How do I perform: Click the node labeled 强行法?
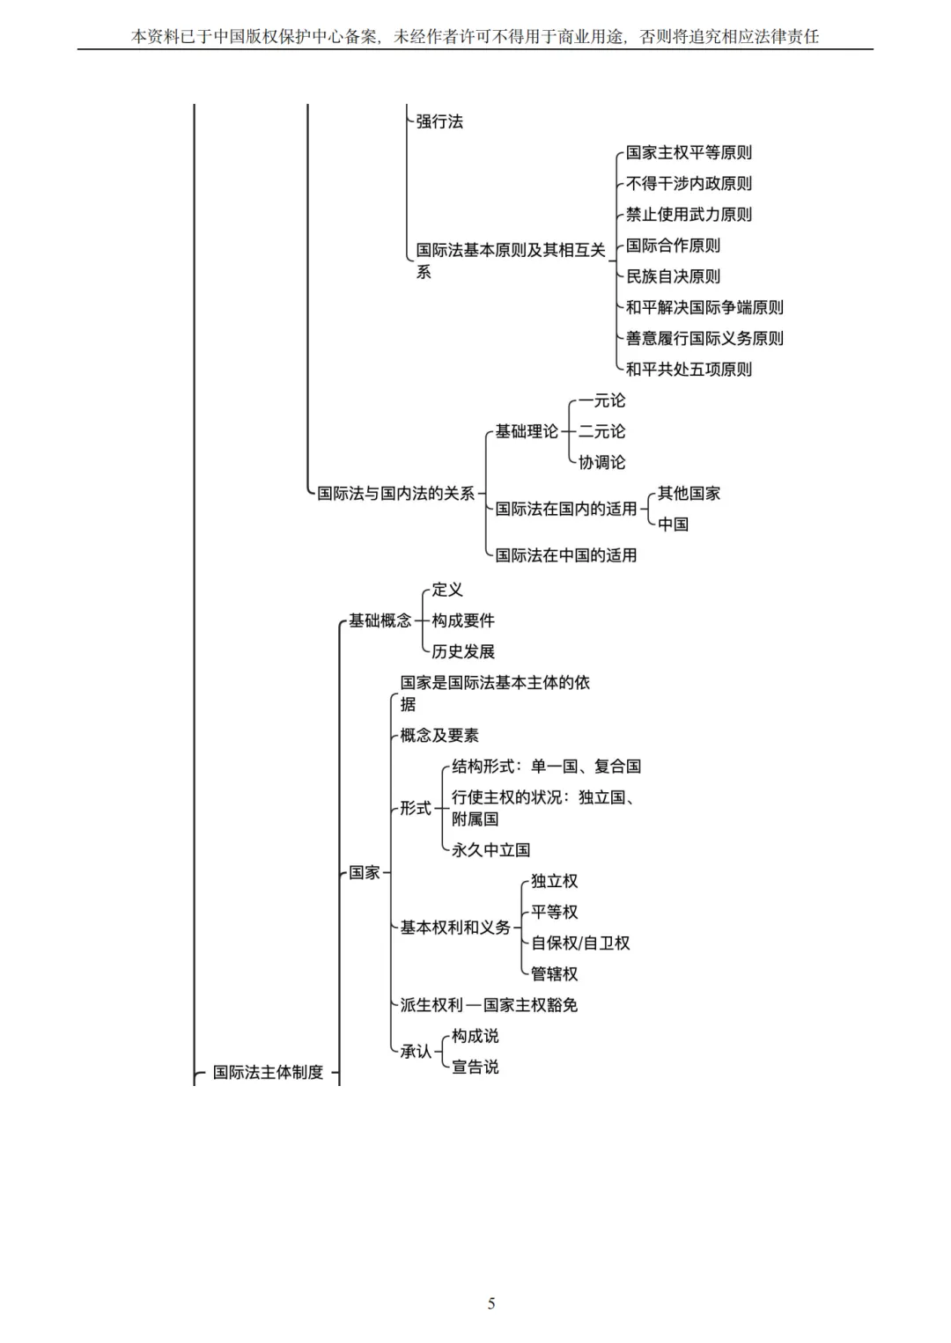pos(439,121)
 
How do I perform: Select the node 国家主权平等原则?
pos(689,153)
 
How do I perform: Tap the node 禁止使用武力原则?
pos(689,215)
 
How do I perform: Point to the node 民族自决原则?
pos(673,276)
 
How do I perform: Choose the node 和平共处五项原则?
pos(689,370)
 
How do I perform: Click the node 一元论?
pos(601,400)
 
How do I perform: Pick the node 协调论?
pos(601,462)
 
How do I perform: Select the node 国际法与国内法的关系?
pos(395,494)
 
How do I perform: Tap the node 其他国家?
pos(689,494)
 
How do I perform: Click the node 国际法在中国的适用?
pos(565,555)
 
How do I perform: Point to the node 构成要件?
pos(463,620)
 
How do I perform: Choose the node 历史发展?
pos(463,651)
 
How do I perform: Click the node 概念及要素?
pos(439,736)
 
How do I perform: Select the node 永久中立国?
pos(490,850)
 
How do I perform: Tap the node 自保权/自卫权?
pos(580,943)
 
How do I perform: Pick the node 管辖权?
pos(554,974)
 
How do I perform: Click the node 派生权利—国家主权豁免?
pos(489,1005)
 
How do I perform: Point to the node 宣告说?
pos(475,1067)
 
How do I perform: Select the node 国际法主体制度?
pos(268,1072)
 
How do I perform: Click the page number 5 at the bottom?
pos(491,1303)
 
